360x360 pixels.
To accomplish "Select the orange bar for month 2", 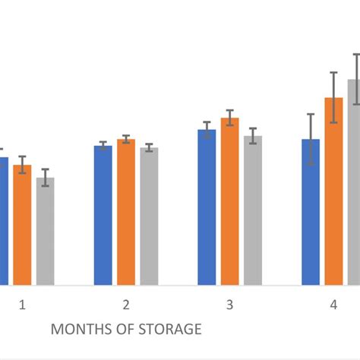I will pos(126,212).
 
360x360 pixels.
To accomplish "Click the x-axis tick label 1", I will pos(22,305).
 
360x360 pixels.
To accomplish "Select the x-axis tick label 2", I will pos(125,305).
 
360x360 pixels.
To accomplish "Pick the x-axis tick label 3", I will pos(229,305).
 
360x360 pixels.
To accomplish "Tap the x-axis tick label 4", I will pos(333,305).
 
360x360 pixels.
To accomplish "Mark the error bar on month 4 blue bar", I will pos(311,140).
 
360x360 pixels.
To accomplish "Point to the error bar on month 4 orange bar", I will pos(333,97).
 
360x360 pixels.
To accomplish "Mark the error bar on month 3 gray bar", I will pos(252,136).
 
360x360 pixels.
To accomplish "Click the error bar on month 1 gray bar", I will pos(46,177).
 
